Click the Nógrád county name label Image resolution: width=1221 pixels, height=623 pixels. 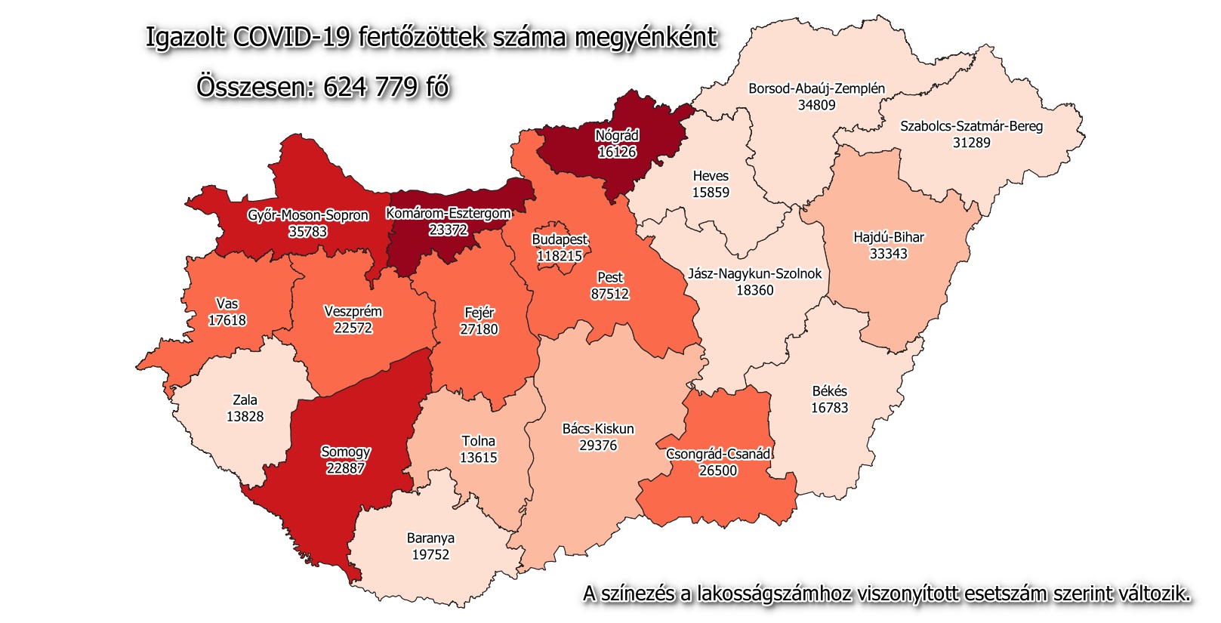point(617,136)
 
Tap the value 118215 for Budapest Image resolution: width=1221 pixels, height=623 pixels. point(560,256)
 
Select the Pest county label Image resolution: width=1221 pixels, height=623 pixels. point(610,277)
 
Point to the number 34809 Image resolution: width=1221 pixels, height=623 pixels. point(816,105)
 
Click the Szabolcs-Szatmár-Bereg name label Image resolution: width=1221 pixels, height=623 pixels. point(971,126)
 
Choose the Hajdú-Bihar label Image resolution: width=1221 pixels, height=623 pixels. point(888,237)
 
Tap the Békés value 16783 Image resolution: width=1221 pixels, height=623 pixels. point(829,408)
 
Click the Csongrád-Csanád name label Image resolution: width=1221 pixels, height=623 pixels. point(718,454)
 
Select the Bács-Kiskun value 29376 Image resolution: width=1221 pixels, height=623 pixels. point(598,446)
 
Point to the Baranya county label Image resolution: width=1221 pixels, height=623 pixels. point(430,538)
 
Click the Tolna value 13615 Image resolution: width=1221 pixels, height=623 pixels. point(478,458)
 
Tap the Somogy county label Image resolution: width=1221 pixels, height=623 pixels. point(346,452)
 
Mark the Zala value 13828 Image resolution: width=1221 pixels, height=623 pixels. point(245,416)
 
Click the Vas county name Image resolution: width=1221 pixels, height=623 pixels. point(227,304)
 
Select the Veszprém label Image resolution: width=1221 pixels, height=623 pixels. point(353,311)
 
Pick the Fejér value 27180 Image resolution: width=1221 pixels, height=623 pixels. point(479,329)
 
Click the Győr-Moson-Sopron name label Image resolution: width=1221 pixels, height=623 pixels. point(308,215)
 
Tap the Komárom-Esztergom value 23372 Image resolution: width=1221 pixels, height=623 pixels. point(449,230)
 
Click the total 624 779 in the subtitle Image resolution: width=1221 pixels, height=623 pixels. point(370,87)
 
